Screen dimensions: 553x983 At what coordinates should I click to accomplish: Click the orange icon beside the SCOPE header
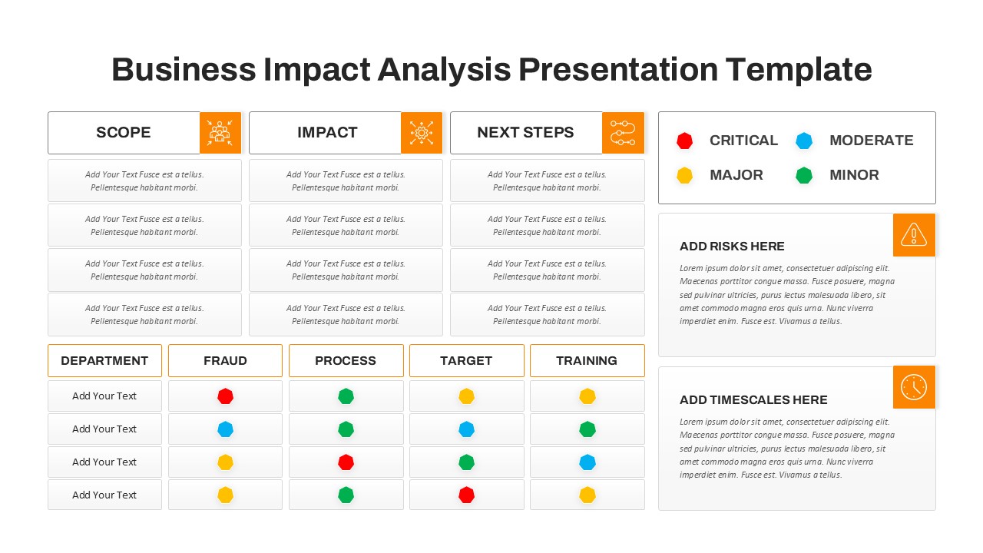[x=220, y=132]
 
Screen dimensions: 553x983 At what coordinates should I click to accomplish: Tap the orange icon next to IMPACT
[x=422, y=132]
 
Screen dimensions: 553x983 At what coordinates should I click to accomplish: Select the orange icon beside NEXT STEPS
[x=623, y=132]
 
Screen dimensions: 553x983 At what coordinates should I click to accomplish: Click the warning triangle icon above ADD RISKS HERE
[x=914, y=234]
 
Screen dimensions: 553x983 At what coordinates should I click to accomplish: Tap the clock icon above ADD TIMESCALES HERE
[x=914, y=387]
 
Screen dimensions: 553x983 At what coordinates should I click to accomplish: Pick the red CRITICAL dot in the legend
[x=684, y=141]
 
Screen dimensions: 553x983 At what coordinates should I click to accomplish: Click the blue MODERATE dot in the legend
[x=804, y=141]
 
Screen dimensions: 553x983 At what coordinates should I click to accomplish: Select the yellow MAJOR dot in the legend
[x=684, y=175]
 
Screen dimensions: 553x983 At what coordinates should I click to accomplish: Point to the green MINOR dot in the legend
[x=804, y=175]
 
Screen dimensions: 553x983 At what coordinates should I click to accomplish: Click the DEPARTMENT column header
[x=104, y=360]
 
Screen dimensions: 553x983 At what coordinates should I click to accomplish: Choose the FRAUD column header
[x=225, y=360]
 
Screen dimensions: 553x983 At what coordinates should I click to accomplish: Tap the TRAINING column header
[x=587, y=360]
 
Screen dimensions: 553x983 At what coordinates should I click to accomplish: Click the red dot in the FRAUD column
[x=225, y=396]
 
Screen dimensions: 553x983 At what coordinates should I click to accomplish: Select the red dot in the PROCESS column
[x=346, y=462]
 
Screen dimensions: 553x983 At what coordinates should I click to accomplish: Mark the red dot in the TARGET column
[x=466, y=495]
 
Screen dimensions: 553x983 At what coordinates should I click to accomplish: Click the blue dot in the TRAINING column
[x=587, y=462]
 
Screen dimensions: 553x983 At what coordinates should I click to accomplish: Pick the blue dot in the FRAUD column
[x=225, y=429]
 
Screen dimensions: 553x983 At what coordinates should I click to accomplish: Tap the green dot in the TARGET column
[x=466, y=462]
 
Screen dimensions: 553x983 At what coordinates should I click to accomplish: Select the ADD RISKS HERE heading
[x=732, y=247]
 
